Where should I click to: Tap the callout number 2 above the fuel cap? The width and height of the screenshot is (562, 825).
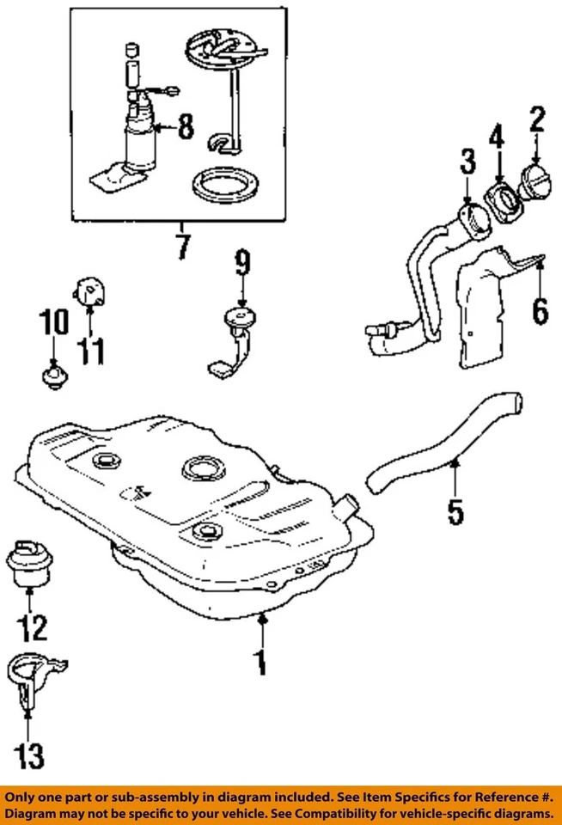(537, 119)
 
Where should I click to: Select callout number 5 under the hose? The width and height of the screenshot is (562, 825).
(455, 510)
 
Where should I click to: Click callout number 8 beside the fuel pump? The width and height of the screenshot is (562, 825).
(186, 130)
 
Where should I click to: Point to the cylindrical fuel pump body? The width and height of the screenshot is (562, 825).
(142, 142)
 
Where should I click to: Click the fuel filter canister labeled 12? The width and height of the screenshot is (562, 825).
(30, 562)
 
